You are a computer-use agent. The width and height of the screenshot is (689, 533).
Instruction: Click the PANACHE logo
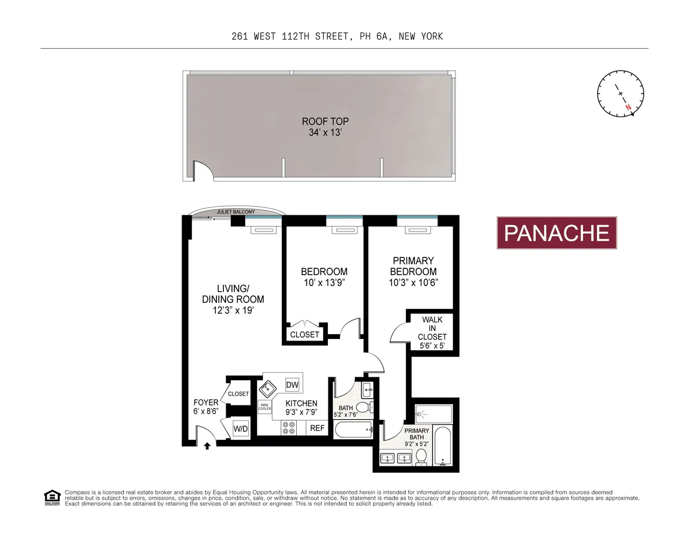(556, 233)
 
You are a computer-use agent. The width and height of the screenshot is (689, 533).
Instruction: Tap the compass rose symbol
(621, 93)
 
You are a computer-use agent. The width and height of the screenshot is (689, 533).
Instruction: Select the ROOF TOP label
(326, 122)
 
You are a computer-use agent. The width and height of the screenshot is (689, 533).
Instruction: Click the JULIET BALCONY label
(235, 212)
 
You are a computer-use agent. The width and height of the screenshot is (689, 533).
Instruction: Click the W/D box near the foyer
(241, 428)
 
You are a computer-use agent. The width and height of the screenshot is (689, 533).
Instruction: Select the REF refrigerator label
(318, 428)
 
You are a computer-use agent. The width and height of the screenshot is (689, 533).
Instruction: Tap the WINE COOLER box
(265, 407)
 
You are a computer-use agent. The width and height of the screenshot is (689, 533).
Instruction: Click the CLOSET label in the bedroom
(304, 334)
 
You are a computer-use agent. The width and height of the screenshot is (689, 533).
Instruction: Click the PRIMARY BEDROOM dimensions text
(413, 282)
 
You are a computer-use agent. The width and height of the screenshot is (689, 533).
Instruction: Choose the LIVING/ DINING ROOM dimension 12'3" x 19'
(233, 310)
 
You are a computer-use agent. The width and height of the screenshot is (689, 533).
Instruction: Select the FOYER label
(206, 403)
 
